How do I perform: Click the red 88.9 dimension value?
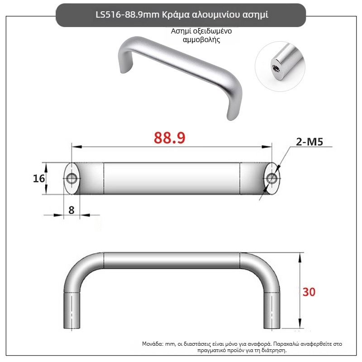pyautogui.click(x=169, y=138)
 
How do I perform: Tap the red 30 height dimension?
pyautogui.click(x=309, y=292)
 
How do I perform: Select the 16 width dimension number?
pyautogui.click(x=39, y=178)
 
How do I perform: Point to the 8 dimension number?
pyautogui.click(x=71, y=210)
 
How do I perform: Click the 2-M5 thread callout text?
pyautogui.click(x=310, y=142)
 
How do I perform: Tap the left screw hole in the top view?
pyautogui.click(x=71, y=178)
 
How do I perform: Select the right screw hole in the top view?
pyautogui.click(x=271, y=178)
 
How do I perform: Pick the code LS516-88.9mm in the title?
pyautogui.click(x=128, y=15)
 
